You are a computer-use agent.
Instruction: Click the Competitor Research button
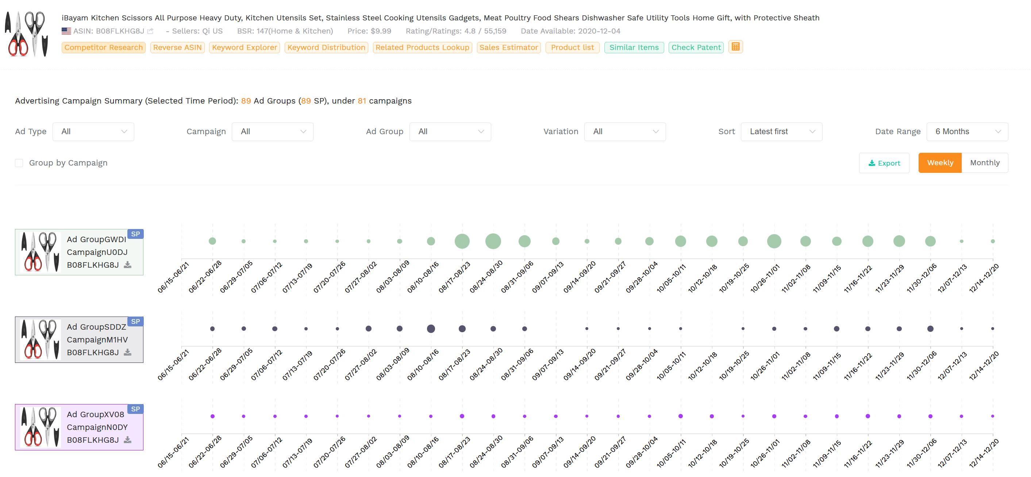tap(103, 47)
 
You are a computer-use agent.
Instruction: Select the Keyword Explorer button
tap(244, 47)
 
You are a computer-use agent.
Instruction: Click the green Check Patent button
tap(696, 47)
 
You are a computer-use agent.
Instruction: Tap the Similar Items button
tap(634, 47)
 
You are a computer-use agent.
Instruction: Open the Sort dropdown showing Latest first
tap(781, 132)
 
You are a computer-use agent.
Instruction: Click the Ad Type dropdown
tap(93, 132)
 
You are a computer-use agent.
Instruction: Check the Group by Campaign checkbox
tap(19, 163)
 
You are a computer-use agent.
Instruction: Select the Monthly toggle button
tap(984, 163)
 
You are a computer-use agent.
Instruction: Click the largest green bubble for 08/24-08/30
tap(493, 241)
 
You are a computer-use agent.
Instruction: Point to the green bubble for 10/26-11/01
tap(774, 241)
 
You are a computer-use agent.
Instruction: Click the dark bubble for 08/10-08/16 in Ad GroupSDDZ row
tap(431, 329)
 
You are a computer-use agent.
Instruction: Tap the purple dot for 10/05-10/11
tap(680, 416)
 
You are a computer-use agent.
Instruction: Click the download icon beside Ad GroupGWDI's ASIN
tap(128, 265)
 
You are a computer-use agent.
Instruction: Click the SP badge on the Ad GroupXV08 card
tap(135, 409)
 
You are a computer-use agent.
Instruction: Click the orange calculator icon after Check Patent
tap(735, 47)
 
